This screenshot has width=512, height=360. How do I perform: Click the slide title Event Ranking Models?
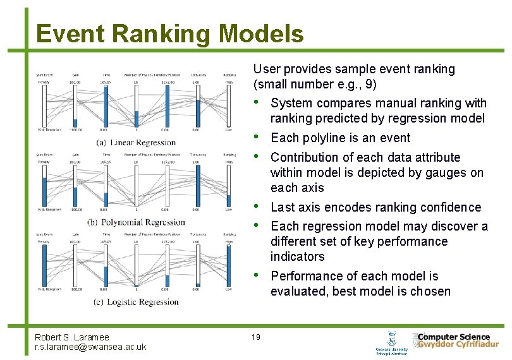pos(169,33)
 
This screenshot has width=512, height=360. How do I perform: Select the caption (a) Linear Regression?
pos(137,143)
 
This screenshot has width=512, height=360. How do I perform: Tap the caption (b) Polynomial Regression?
pos(137,222)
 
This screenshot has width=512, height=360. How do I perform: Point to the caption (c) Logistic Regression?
pos(137,302)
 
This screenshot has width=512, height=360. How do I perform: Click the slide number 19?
pos(256,337)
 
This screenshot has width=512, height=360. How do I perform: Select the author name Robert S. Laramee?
pos(72,338)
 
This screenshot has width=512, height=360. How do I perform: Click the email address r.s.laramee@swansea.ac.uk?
pos(90,347)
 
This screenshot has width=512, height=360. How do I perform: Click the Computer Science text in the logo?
pos(454,337)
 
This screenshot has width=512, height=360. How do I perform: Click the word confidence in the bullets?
pos(453,207)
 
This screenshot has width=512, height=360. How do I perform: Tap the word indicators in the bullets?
pos(297,256)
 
